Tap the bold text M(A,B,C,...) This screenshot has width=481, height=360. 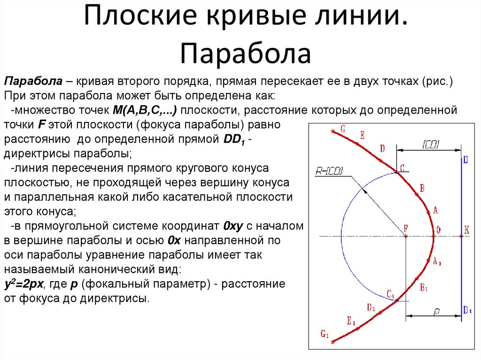pyautogui.click(x=144, y=111)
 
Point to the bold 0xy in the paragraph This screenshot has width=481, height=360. pyautogui.click(x=233, y=226)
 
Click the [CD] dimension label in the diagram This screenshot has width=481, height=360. pyautogui.click(x=430, y=145)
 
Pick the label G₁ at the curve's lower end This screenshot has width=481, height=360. pyautogui.click(x=325, y=334)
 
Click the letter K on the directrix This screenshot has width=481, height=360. pyautogui.click(x=466, y=230)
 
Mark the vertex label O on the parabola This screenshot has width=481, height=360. pyautogui.click(x=438, y=230)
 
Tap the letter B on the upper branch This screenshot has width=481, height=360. pyautogui.click(x=422, y=189)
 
